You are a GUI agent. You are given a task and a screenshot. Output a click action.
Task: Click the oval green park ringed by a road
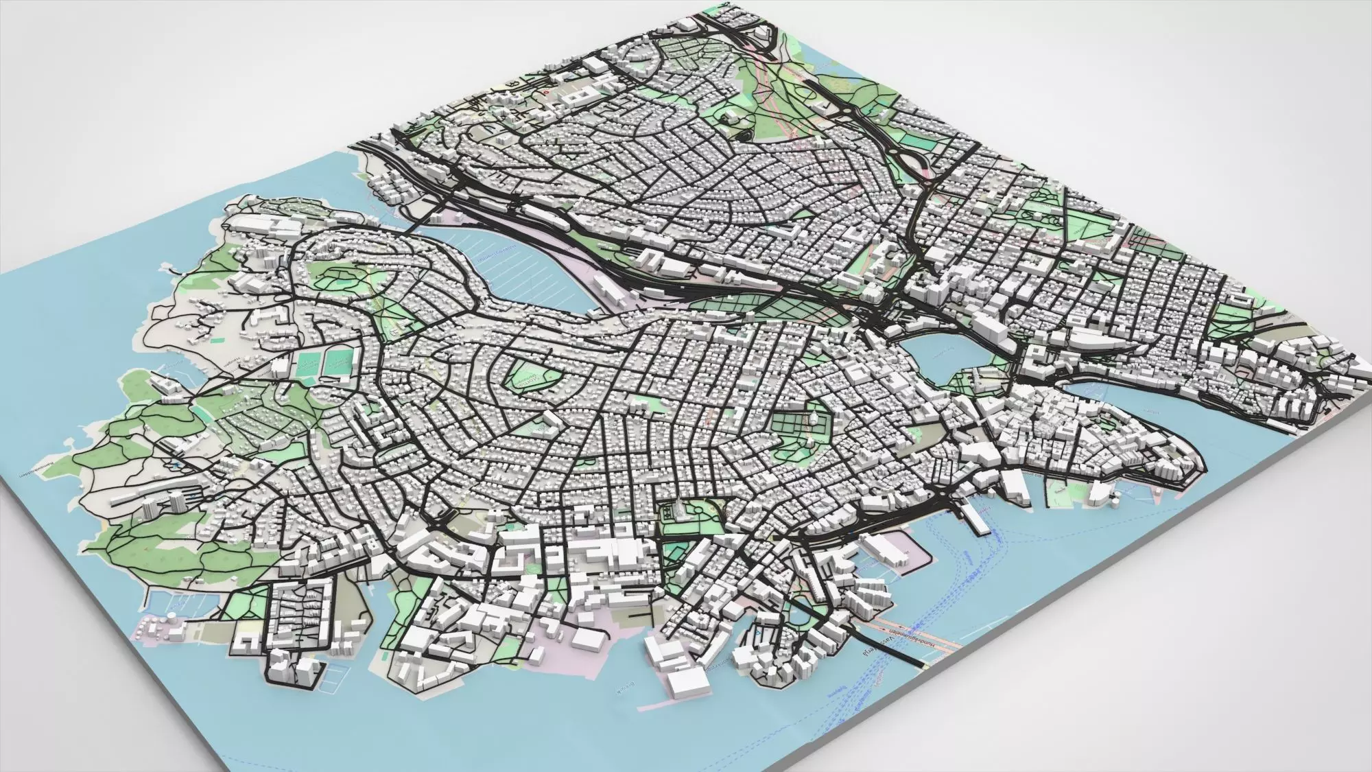pos(532,377)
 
